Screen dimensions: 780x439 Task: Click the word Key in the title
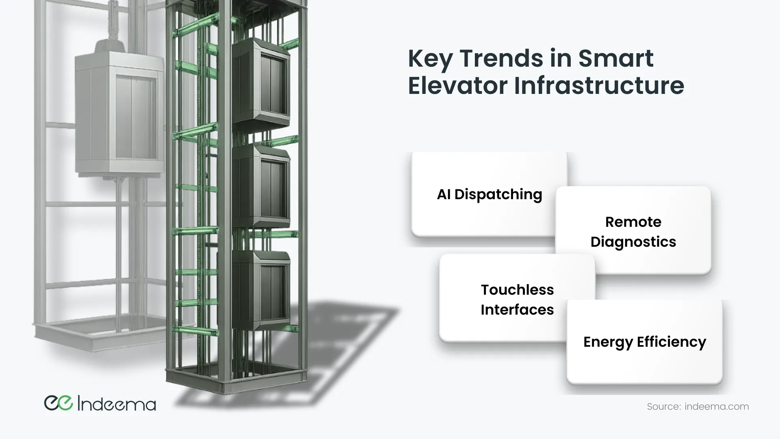[x=430, y=59]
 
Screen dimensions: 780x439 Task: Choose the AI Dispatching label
[x=490, y=195]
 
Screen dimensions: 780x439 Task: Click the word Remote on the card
[x=633, y=222]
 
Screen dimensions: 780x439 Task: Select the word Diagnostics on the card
[x=633, y=242]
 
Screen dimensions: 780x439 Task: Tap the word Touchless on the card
[x=517, y=290]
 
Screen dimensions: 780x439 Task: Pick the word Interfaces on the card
[x=517, y=310]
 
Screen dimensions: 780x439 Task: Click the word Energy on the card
[x=608, y=343]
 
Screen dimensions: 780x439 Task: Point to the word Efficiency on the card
[x=672, y=342]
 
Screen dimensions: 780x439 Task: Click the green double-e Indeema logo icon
[x=58, y=403]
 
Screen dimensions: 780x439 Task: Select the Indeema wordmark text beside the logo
[x=117, y=404]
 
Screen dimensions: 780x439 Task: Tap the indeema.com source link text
[x=717, y=406]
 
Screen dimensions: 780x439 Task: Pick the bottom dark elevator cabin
[x=261, y=291]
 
